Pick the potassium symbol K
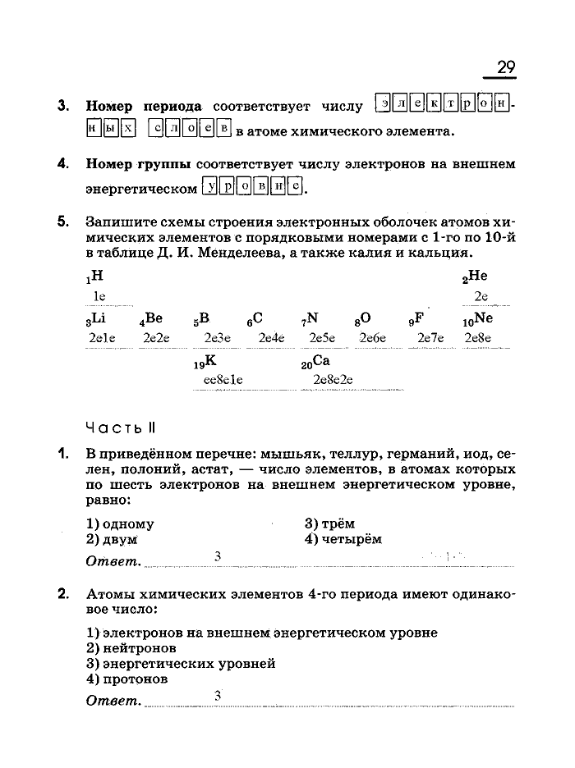[209, 360]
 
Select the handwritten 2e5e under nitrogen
[323, 337]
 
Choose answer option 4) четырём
[343, 539]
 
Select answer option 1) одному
[120, 523]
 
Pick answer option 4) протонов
[127, 679]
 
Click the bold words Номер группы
[138, 164]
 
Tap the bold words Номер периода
[144, 107]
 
